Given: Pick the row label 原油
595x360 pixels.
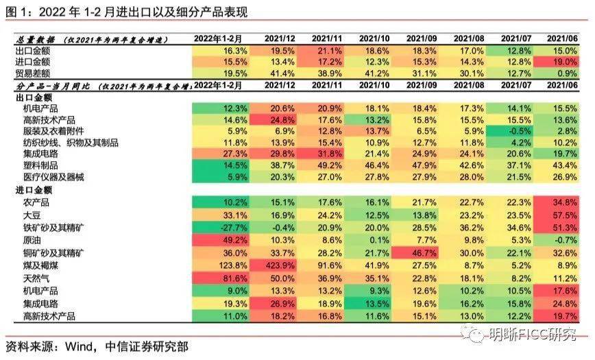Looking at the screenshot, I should pos(25,240).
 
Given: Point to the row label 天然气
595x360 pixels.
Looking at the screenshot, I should pos(29,278).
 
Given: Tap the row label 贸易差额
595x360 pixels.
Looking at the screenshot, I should pos(34,73).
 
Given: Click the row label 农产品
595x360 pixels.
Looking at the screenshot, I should pos(29,202).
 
